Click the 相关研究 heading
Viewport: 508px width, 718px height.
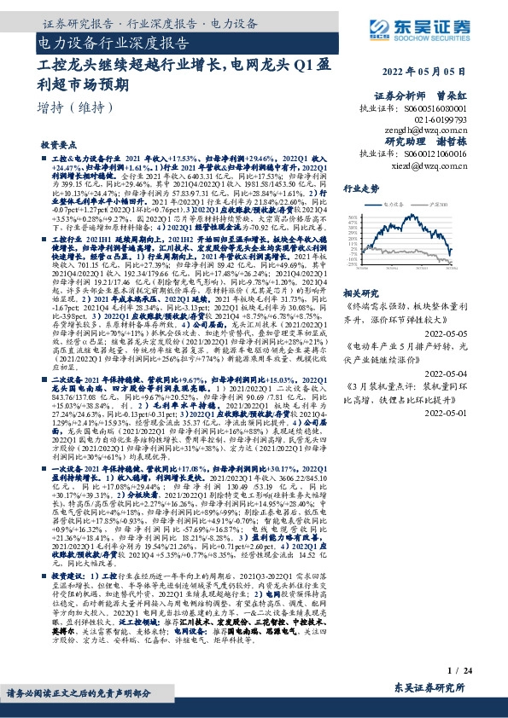tap(360, 292)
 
